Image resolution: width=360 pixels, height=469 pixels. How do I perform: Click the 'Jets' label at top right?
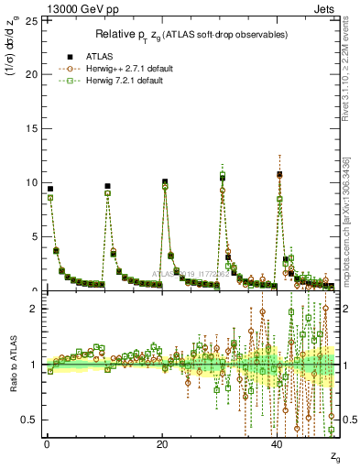pos(327,7)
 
